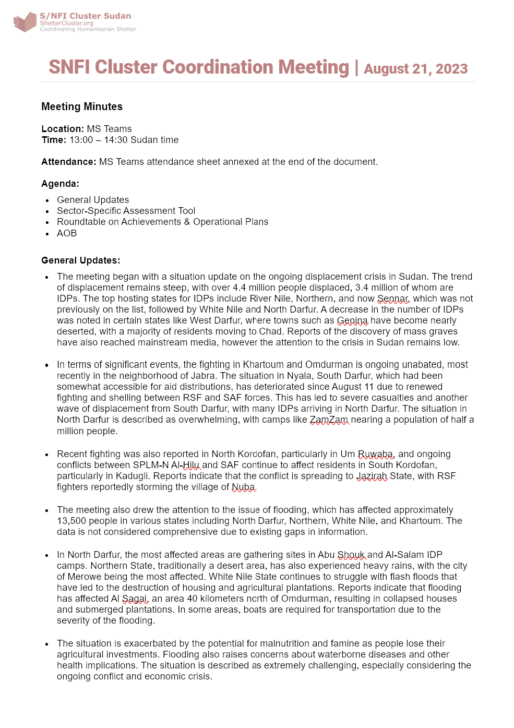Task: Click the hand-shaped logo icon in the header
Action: point(25,22)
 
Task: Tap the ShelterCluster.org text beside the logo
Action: point(66,23)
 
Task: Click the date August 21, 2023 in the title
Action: point(415,69)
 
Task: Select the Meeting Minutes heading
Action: point(82,106)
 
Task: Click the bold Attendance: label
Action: point(69,162)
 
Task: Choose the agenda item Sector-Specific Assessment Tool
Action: point(126,211)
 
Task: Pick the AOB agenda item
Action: point(67,233)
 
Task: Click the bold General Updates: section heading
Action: point(81,260)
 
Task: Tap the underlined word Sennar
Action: point(393,299)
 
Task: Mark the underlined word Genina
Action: point(352,320)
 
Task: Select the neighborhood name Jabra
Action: point(203,376)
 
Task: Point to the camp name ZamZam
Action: point(329,420)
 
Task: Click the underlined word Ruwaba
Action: point(376,454)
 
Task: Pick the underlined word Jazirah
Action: point(372,476)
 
